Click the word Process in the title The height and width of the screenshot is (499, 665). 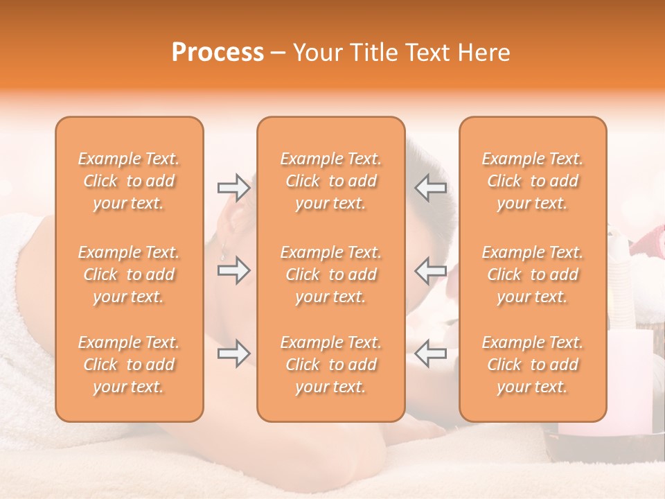[218, 52]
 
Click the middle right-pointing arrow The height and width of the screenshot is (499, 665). [233, 270]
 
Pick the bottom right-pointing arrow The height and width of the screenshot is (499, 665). [233, 353]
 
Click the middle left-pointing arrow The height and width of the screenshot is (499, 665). [431, 270]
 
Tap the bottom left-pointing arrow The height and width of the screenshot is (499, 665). [431, 353]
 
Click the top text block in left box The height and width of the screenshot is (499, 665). [129, 181]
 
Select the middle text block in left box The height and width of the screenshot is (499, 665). [129, 274]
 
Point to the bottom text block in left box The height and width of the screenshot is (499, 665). [129, 365]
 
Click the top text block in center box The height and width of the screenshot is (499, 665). [330, 181]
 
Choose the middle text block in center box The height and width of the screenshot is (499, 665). [330, 274]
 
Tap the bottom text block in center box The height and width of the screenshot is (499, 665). [330, 365]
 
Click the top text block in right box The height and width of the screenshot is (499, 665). [532, 181]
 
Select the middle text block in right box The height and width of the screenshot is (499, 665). [532, 274]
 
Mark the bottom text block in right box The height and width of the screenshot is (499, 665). [532, 365]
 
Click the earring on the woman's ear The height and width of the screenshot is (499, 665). [224, 250]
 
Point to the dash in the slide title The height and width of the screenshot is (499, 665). [278, 53]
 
